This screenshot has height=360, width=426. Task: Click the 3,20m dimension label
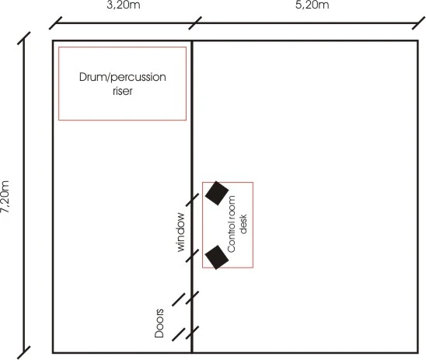124,5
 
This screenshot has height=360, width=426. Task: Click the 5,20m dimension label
313,5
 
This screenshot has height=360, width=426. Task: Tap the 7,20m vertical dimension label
5,197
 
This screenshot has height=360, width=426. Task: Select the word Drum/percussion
123,78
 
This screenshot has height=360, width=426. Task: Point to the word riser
123,91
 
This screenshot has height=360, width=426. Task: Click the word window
180,232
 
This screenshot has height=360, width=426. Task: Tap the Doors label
159,323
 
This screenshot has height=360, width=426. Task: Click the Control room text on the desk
231,224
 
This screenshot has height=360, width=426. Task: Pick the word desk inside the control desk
243,224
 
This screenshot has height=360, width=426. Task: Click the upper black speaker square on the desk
217,193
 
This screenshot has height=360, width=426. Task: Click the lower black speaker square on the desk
217,257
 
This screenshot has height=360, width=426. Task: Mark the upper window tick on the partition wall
192,200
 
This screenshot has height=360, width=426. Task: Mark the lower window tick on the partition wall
192,256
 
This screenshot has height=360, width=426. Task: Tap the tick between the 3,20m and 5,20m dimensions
195,23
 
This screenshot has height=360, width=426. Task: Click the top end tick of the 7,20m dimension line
24,38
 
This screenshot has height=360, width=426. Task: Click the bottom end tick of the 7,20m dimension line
24,352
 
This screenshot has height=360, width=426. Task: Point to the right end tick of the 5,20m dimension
419,23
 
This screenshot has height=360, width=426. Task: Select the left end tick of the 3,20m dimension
56,23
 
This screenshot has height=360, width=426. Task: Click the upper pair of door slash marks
186,299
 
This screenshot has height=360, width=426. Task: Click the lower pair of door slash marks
186,334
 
